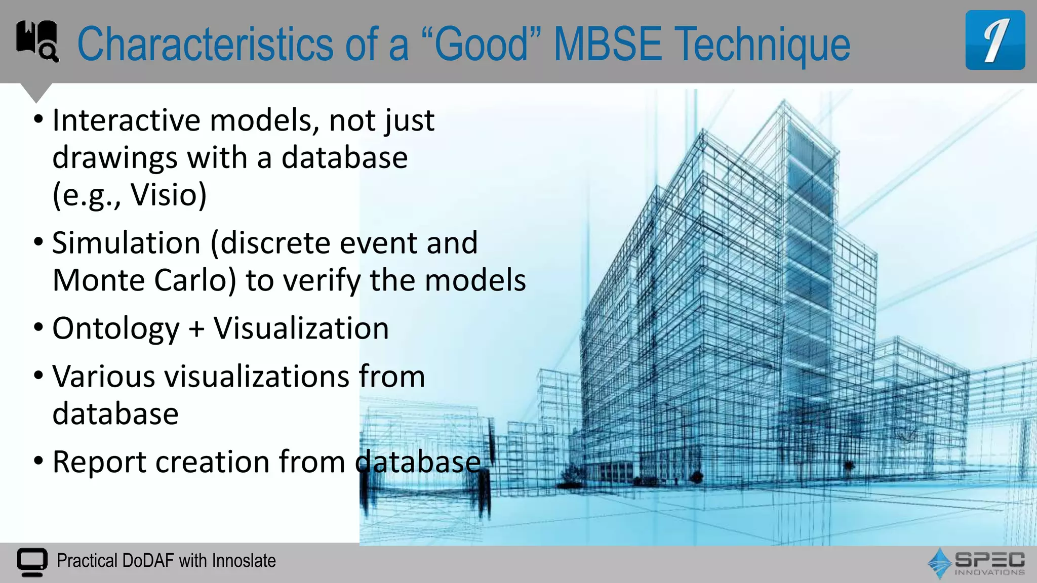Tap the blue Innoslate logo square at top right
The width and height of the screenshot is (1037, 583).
[994, 40]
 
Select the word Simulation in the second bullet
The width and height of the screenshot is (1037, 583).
[127, 243]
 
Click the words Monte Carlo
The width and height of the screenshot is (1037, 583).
[144, 280]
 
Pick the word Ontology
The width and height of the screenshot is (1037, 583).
[116, 329]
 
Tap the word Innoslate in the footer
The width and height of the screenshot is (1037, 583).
[244, 561]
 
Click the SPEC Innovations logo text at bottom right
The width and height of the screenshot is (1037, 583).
[989, 562]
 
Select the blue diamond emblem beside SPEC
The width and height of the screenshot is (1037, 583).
[940, 563]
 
